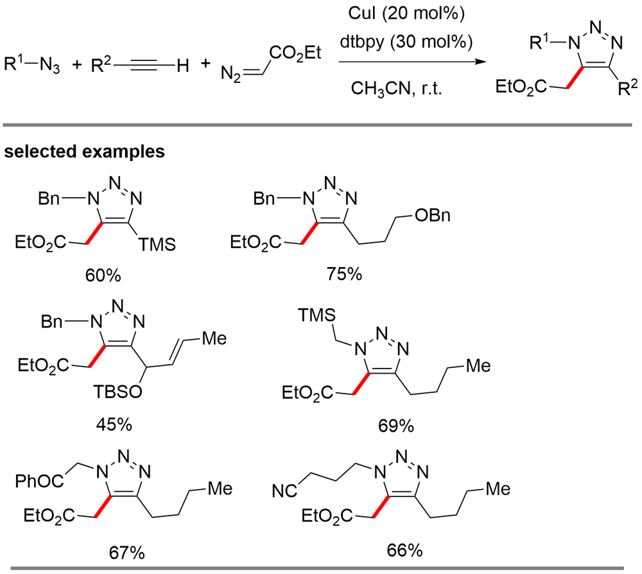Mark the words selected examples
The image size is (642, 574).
pos(82,152)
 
